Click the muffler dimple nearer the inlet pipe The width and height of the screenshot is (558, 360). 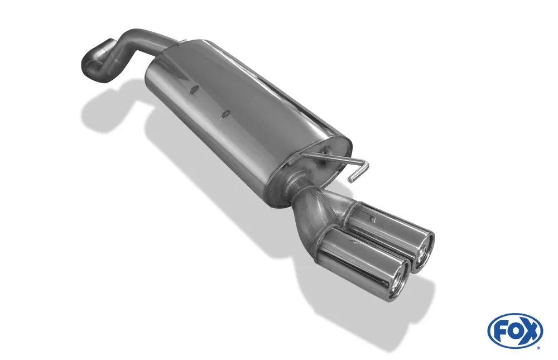[x=195, y=89]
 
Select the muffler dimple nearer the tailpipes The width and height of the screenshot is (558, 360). [x=226, y=114]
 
